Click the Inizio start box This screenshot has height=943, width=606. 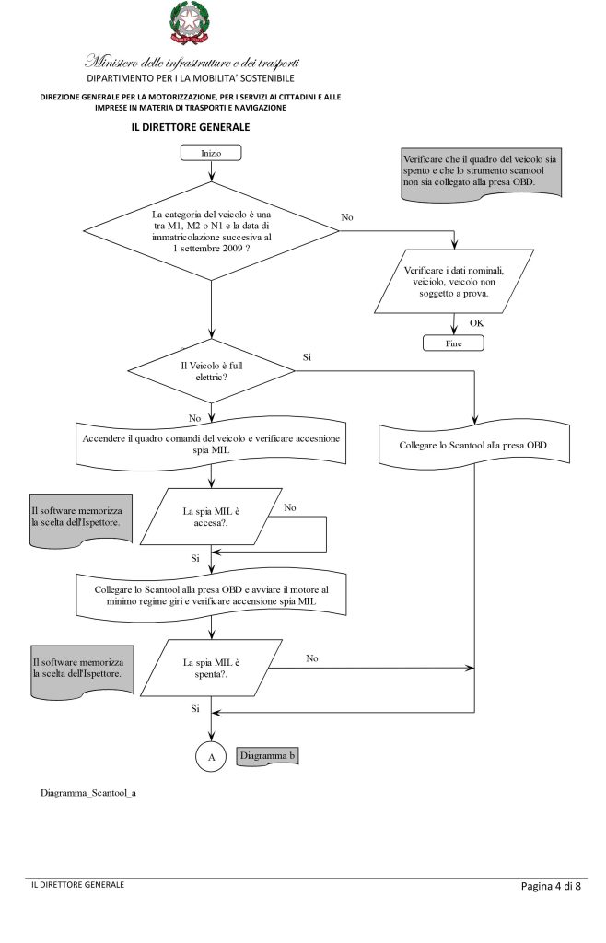pyautogui.click(x=211, y=153)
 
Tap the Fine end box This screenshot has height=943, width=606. pyautogui.click(x=453, y=343)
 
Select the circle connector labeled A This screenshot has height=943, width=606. pyautogui.click(x=211, y=757)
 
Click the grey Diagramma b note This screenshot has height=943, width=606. pyautogui.click(x=267, y=756)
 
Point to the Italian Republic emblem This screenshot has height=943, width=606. pyautogui.click(x=190, y=23)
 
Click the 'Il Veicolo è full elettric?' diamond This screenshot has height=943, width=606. pyautogui.click(x=211, y=371)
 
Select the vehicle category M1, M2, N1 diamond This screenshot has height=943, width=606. pyautogui.click(x=211, y=231)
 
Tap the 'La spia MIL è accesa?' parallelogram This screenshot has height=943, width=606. pyautogui.click(x=211, y=517)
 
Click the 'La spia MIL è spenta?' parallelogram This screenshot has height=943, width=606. pyautogui.click(x=211, y=669)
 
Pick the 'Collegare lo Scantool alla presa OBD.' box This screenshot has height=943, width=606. pyautogui.click(x=474, y=445)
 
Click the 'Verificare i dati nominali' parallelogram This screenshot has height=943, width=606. pyautogui.click(x=454, y=282)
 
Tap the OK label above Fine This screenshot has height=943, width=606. pyautogui.click(x=477, y=323)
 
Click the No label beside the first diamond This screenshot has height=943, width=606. pyautogui.click(x=347, y=217)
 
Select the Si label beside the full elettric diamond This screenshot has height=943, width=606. pyautogui.click(x=308, y=357)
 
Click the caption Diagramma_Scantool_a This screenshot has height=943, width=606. pyautogui.click(x=88, y=793)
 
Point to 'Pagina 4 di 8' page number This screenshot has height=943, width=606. pyautogui.click(x=552, y=886)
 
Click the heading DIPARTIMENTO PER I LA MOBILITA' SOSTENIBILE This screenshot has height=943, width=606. pyautogui.click(x=191, y=78)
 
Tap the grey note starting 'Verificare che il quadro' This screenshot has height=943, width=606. pyautogui.click(x=482, y=172)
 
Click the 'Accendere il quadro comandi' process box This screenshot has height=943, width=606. pyautogui.click(x=211, y=444)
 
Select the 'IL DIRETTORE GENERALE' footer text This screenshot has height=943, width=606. pyautogui.click(x=78, y=885)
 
